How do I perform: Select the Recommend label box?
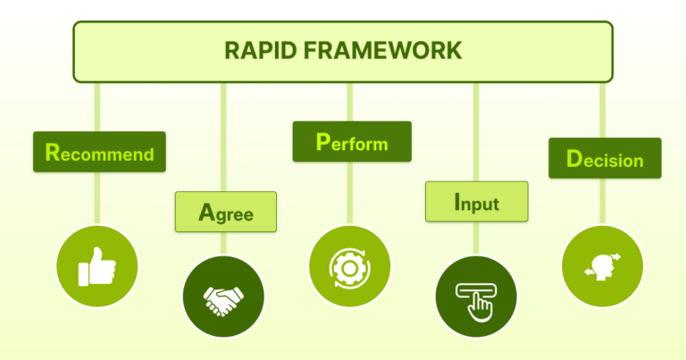click(99, 153)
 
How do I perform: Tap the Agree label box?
click(225, 213)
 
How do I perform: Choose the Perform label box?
click(352, 142)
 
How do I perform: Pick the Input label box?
click(476, 202)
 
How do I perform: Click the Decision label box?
click(605, 159)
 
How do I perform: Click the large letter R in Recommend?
click(53, 153)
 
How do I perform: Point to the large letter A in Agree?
click(206, 213)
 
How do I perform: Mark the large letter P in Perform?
click(323, 141)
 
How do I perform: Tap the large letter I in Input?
click(457, 202)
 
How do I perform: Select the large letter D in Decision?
click(574, 159)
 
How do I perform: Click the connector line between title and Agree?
click(224, 134)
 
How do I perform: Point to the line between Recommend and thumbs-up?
click(97, 197)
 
